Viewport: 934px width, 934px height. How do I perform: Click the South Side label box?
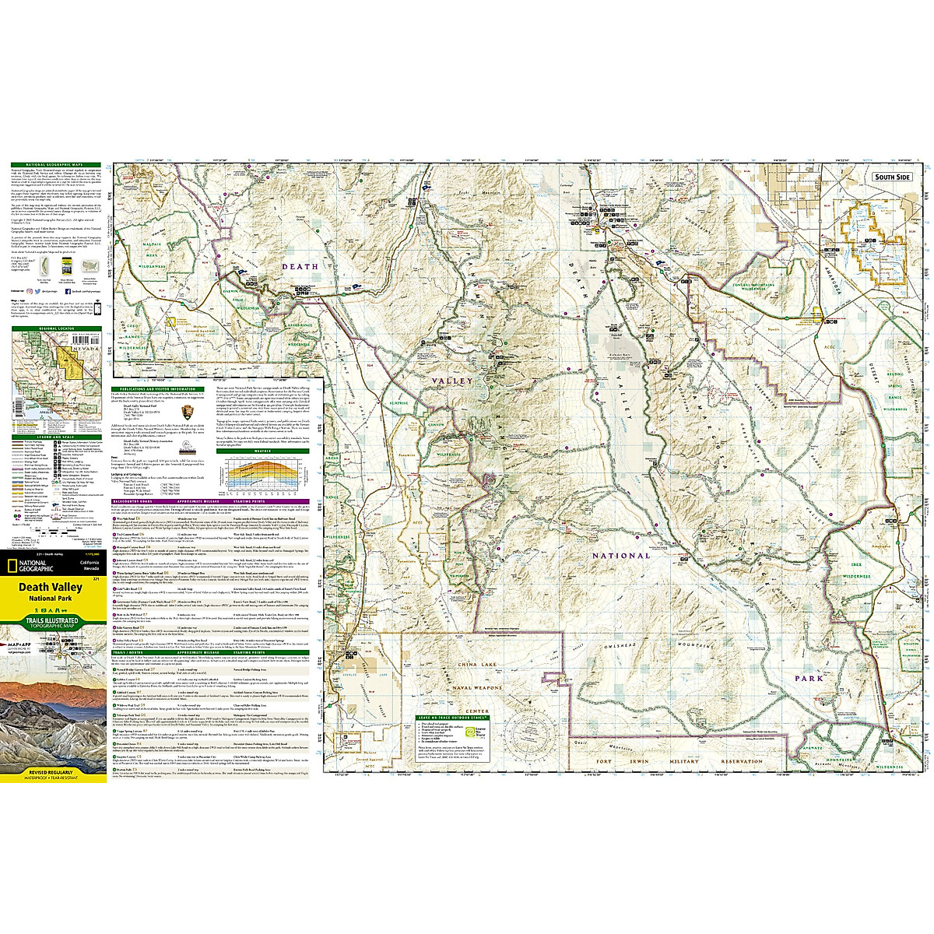tap(891, 177)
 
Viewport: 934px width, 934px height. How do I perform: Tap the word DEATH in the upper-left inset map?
tap(300, 266)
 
